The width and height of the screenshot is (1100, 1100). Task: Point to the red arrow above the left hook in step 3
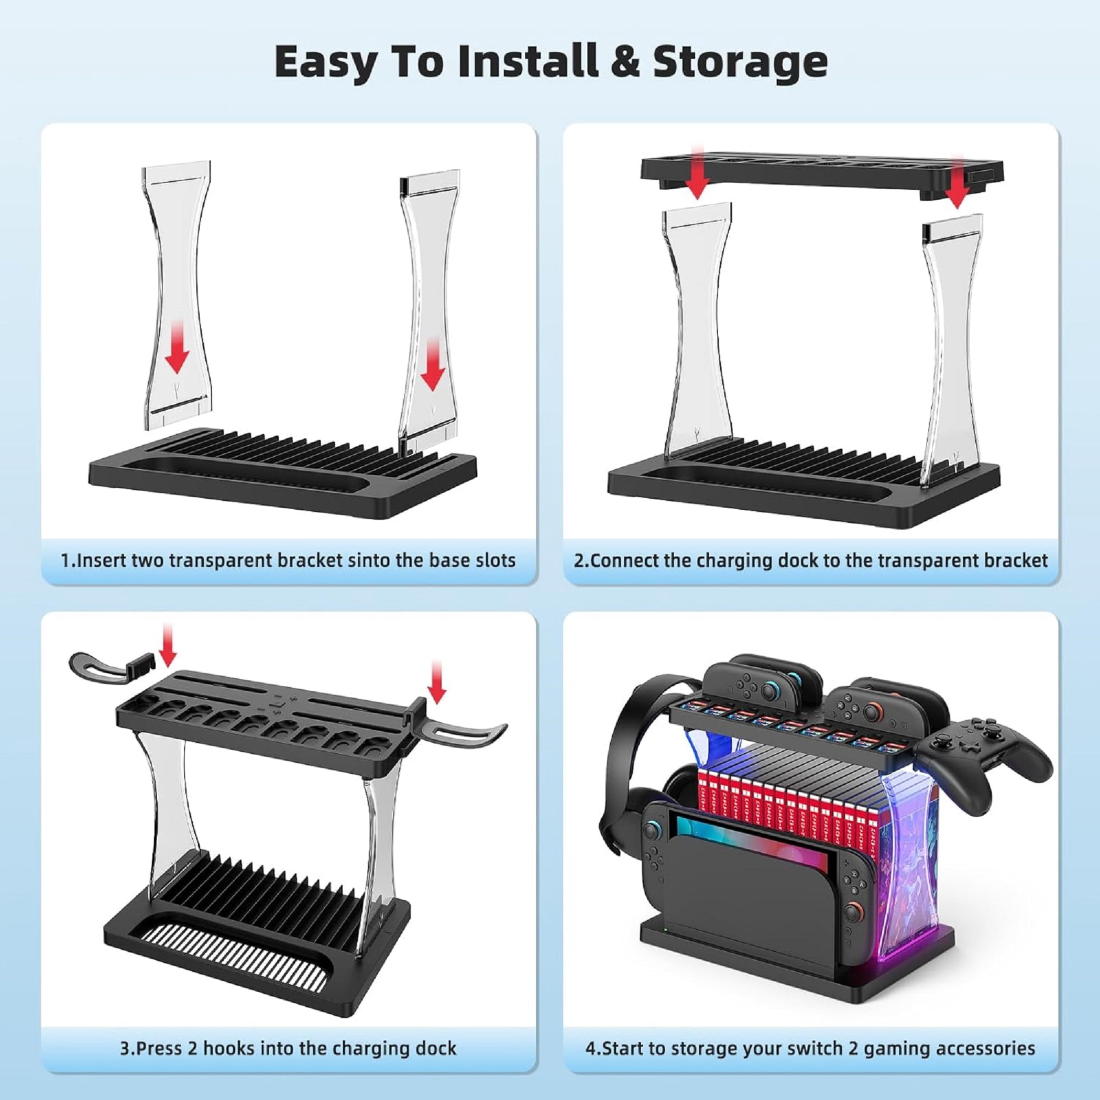(x=168, y=646)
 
